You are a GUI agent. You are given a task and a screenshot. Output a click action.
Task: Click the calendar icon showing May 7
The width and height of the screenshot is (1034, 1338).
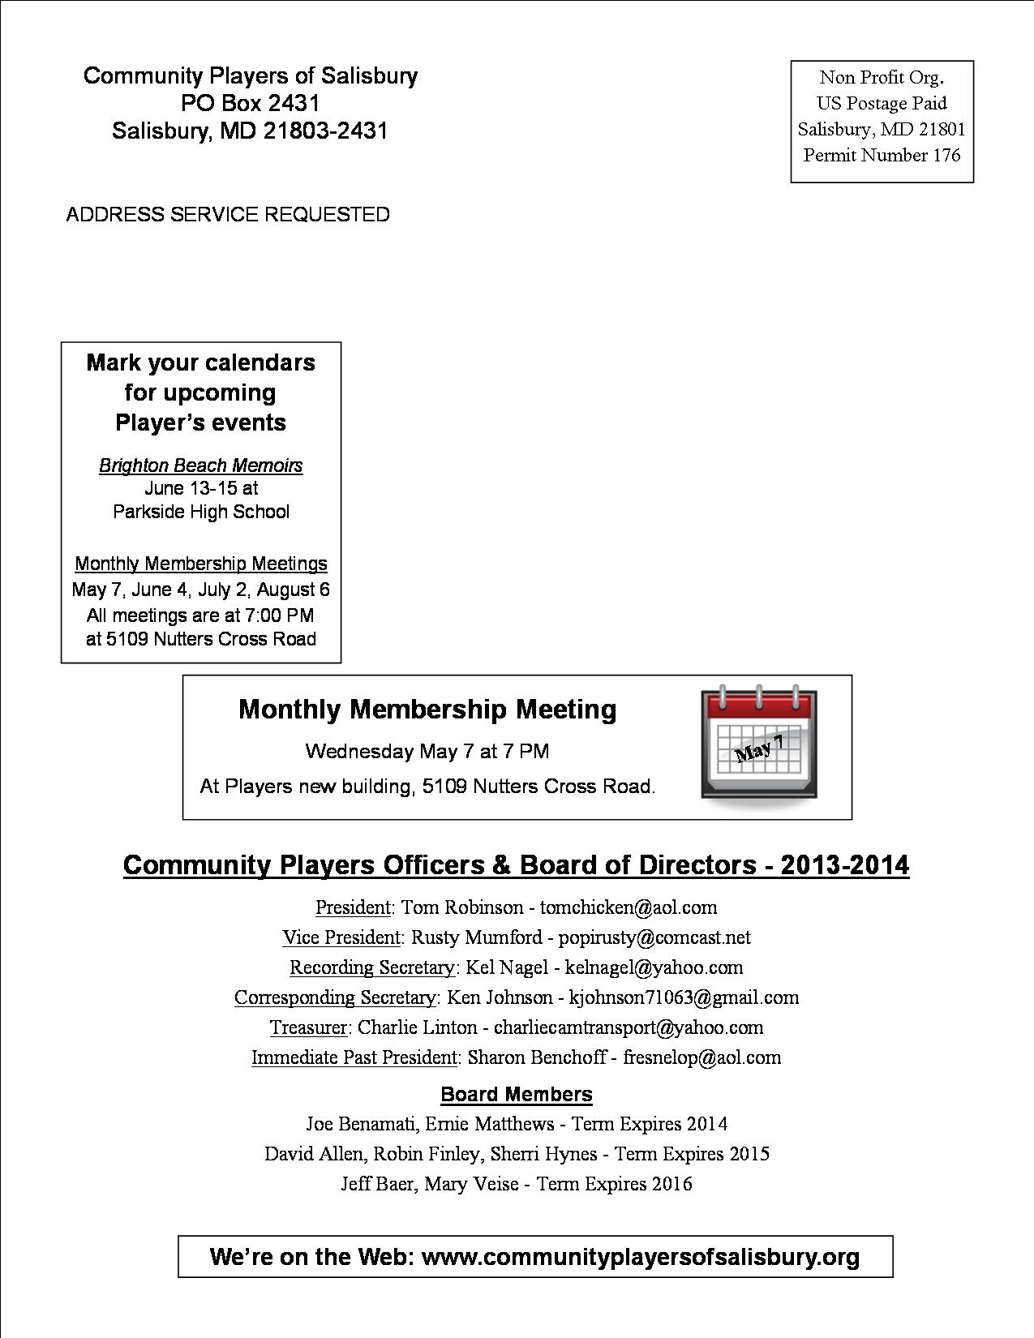[x=758, y=744]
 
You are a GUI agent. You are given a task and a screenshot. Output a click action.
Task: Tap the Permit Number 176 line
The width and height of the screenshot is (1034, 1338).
[x=882, y=155]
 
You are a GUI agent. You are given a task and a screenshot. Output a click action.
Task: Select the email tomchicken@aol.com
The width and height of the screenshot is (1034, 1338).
[x=629, y=907]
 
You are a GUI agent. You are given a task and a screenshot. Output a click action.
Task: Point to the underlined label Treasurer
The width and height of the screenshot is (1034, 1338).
[x=308, y=1027]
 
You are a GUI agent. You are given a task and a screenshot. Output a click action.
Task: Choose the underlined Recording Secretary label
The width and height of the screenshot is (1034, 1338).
[x=371, y=967]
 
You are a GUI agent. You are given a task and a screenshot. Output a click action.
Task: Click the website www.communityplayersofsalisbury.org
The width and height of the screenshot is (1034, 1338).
[x=641, y=1256]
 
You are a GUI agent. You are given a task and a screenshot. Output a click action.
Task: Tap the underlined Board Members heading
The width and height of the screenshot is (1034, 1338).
[x=517, y=1094]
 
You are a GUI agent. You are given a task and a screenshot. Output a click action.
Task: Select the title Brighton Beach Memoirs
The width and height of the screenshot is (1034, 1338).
[x=200, y=465]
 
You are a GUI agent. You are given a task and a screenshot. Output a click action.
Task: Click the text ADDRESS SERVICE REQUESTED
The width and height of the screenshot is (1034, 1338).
[x=228, y=214]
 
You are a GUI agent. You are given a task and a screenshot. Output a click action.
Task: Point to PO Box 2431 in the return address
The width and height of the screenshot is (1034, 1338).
[x=250, y=103]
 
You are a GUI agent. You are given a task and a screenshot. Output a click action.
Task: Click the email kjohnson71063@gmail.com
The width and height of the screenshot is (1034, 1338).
[x=684, y=997]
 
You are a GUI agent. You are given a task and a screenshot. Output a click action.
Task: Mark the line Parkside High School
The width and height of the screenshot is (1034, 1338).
[x=201, y=512]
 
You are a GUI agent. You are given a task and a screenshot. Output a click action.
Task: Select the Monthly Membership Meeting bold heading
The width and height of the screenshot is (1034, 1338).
[x=427, y=709]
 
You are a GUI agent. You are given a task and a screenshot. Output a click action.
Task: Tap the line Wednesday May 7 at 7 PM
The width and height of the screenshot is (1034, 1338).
[x=427, y=751]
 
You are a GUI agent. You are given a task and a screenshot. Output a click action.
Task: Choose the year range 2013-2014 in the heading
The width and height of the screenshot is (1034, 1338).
[x=844, y=864]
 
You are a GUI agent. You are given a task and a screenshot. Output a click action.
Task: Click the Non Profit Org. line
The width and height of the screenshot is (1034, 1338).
[x=882, y=77]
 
